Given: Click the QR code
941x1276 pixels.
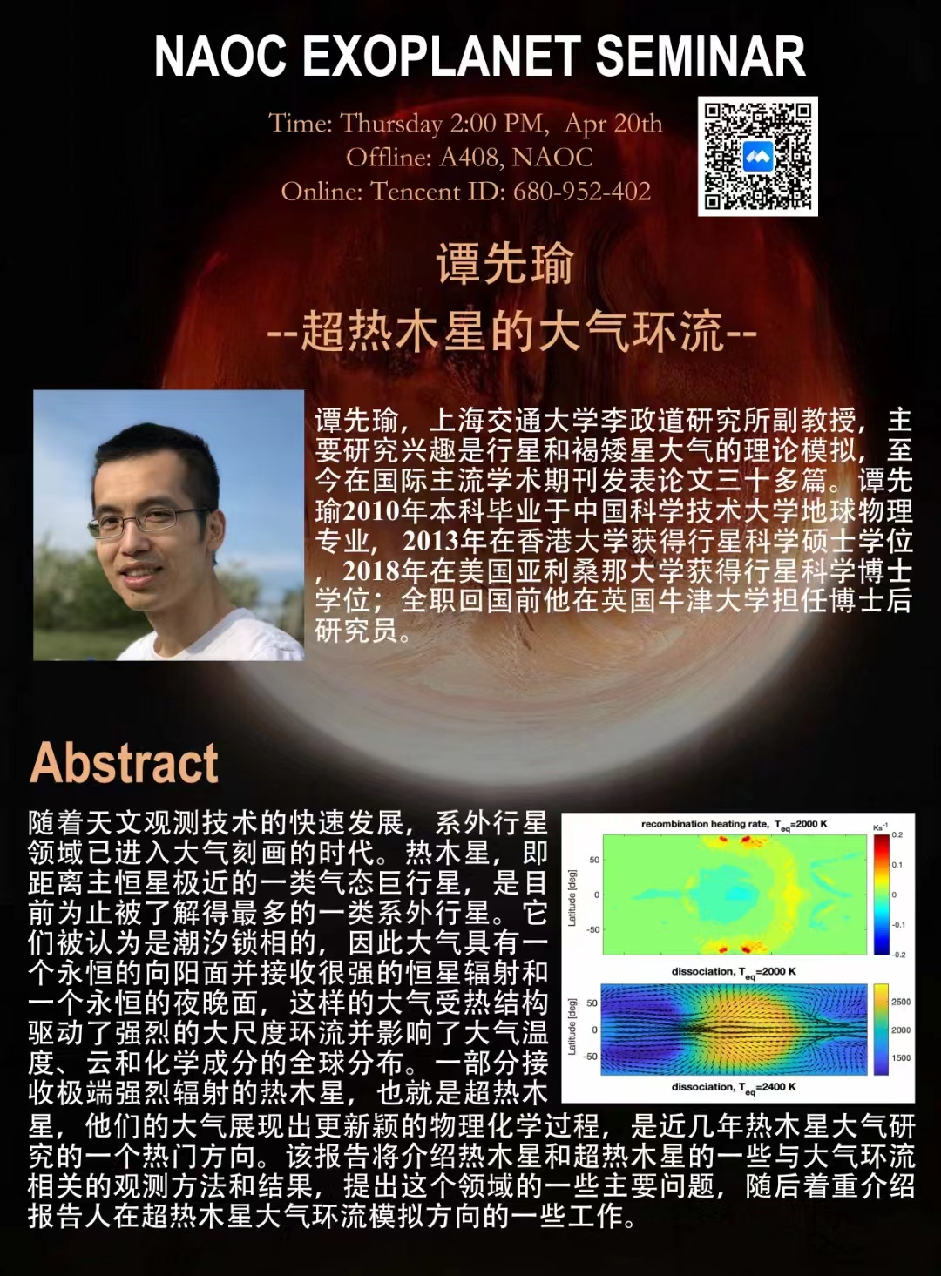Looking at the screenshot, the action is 757,156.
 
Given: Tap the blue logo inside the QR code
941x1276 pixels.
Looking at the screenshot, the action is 757,156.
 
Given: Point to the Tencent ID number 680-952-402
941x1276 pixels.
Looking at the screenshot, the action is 582,192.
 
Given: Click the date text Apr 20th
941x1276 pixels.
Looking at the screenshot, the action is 613,124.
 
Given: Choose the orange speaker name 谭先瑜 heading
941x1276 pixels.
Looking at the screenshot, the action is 504,263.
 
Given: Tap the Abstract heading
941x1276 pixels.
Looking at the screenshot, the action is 124,763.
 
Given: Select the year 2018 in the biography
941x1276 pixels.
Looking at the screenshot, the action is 371,571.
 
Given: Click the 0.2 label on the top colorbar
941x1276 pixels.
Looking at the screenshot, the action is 897,835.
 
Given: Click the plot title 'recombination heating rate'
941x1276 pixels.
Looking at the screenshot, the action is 703,824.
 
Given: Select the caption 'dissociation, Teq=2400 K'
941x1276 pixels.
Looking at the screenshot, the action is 735,1088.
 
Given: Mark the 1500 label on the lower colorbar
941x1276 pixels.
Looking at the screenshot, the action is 901,1058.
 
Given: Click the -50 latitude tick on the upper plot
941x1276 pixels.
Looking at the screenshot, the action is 592,930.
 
